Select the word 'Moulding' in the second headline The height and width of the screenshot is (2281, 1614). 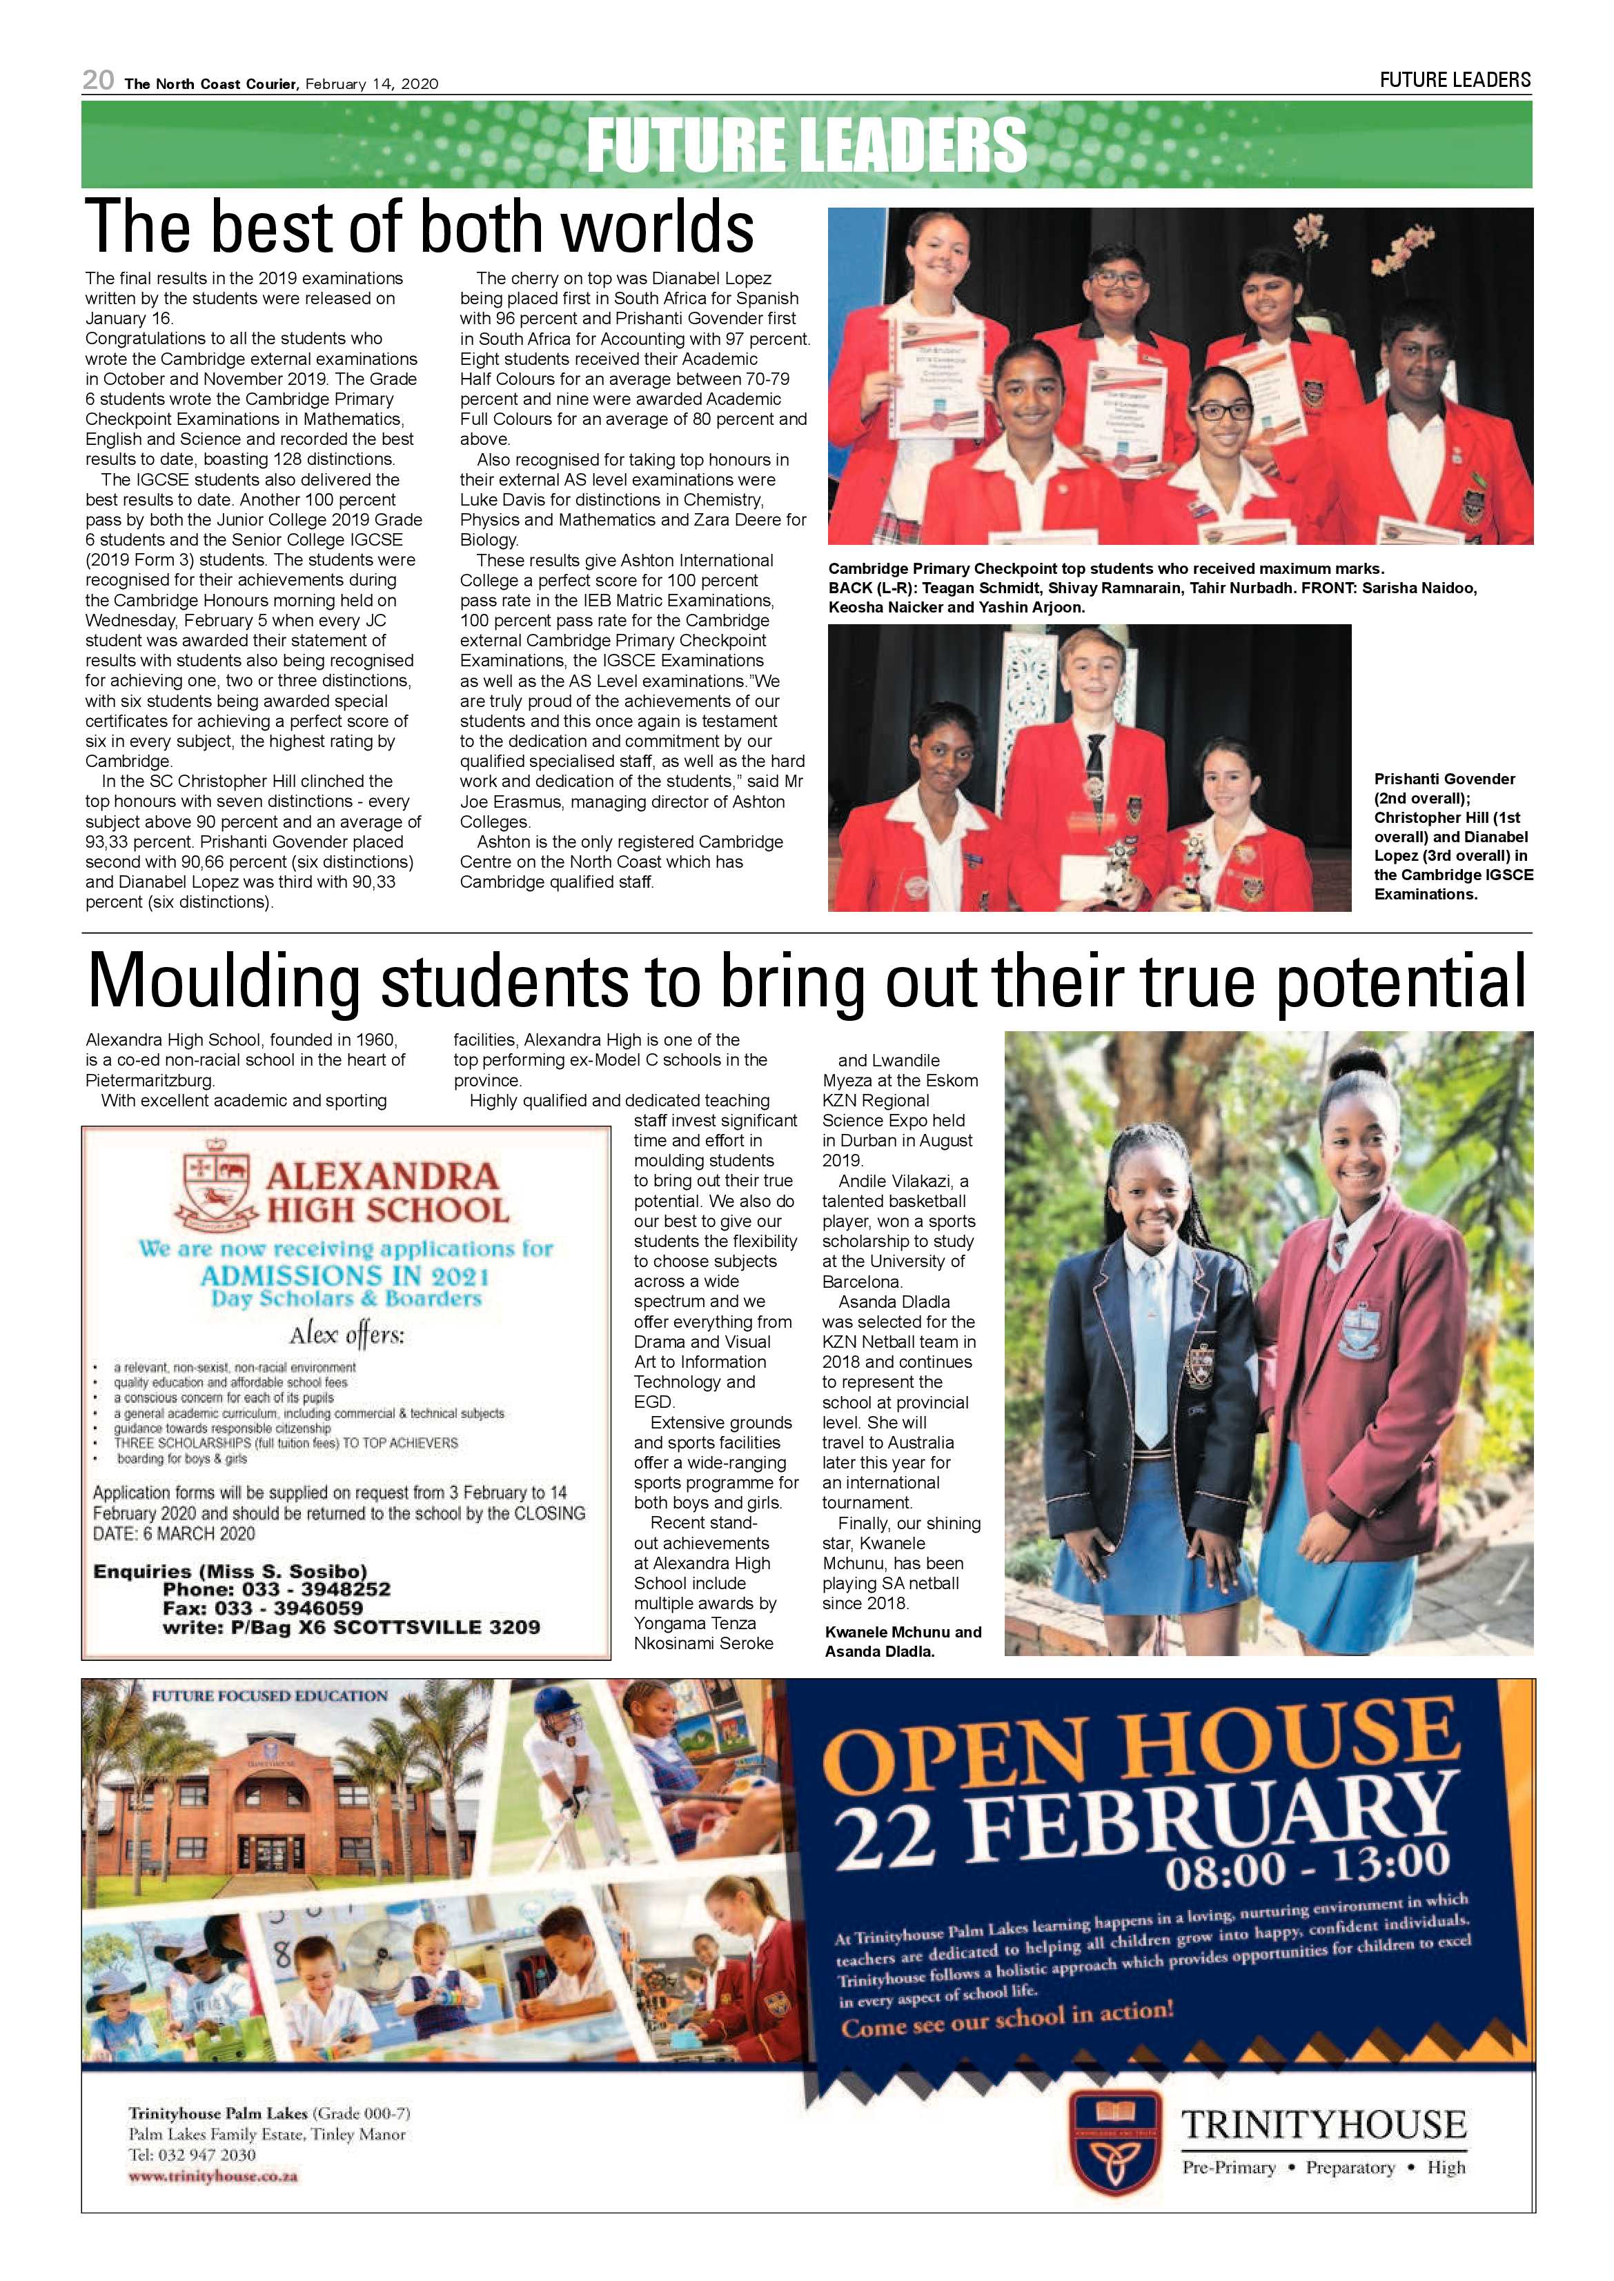click(x=224, y=982)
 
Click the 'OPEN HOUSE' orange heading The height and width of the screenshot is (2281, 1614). click(x=1141, y=1751)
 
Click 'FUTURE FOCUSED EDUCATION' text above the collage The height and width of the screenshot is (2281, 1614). click(x=269, y=1696)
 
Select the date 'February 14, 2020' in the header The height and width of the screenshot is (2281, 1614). click(x=372, y=84)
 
